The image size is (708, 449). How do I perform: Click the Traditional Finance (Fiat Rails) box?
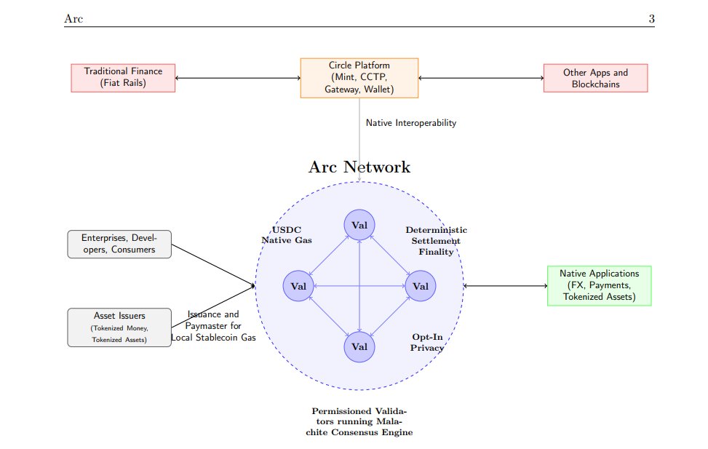tap(123, 78)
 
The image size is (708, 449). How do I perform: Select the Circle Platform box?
tap(359, 78)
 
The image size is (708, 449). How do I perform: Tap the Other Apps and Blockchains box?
tap(595, 78)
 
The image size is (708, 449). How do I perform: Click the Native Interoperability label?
tap(410, 123)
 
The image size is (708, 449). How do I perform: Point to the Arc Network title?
tap(359, 167)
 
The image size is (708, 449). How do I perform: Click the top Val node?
tap(359, 224)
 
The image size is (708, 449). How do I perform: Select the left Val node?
tap(298, 285)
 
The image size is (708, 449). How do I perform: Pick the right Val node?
tap(420, 285)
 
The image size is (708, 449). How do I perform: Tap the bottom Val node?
tap(359, 346)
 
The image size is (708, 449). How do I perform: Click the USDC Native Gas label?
tap(286, 234)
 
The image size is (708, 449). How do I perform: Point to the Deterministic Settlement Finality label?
tap(436, 241)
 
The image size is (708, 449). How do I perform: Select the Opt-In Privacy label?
tap(428, 343)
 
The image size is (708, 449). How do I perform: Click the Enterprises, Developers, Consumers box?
tap(119, 244)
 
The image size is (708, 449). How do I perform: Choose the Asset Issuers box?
tap(119, 327)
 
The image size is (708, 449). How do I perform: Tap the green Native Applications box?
tap(599, 285)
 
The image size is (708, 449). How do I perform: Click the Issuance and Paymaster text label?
tap(213, 326)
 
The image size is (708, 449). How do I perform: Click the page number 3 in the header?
tap(651, 19)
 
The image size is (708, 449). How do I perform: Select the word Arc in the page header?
tap(73, 19)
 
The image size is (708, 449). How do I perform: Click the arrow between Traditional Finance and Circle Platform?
tap(238, 78)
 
